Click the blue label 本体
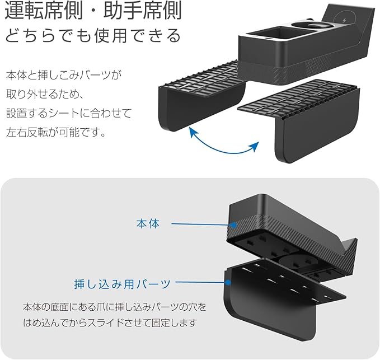pyautogui.click(x=148, y=224)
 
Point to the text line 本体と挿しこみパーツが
pyautogui.click(x=64, y=74)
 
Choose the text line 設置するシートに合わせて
pyautogui.click(x=68, y=114)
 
